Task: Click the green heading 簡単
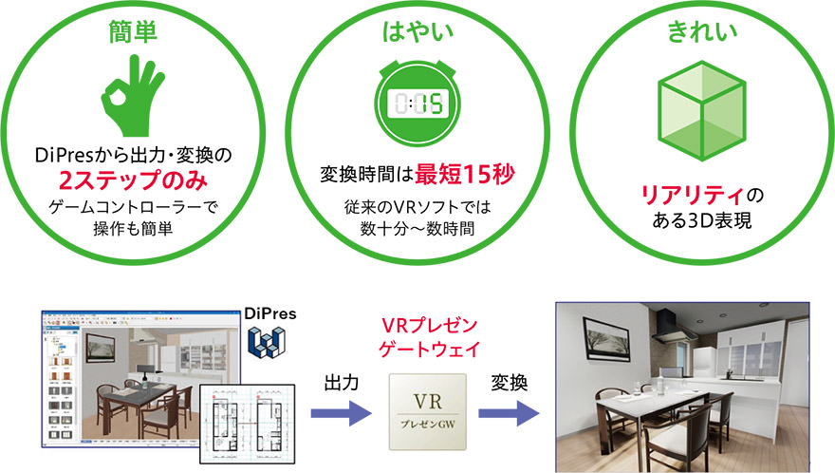(133, 31)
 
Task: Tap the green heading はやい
(418, 31)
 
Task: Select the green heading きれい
(702, 31)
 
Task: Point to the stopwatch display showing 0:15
(418, 104)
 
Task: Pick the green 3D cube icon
(702, 111)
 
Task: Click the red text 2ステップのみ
(133, 180)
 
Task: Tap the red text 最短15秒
(465, 174)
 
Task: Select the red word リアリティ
(692, 195)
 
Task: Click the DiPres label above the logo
(270, 313)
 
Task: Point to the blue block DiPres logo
(267, 341)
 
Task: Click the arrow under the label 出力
(341, 413)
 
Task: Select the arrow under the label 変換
(510, 413)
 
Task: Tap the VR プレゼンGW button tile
(428, 411)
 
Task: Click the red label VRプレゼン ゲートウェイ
(429, 337)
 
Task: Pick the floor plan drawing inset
(247, 424)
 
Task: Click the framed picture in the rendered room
(607, 337)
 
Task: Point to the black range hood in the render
(673, 325)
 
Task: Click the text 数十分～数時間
(417, 229)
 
